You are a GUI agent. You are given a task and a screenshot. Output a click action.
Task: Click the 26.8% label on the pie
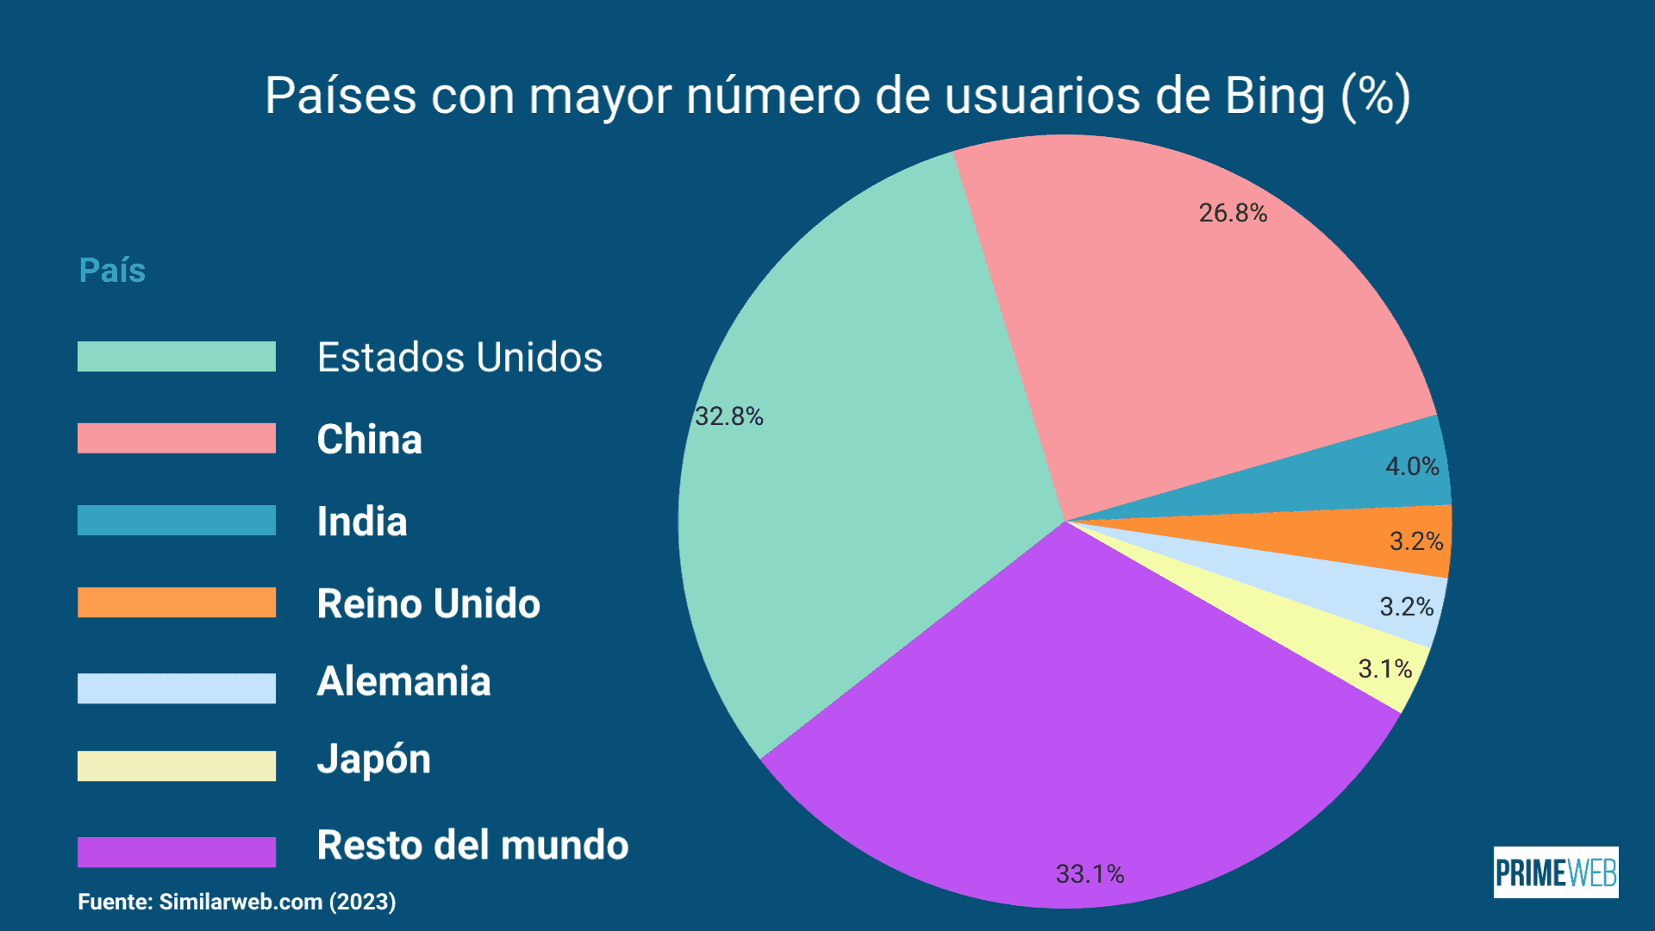click(1233, 213)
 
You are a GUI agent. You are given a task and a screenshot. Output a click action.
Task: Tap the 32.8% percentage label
click(729, 416)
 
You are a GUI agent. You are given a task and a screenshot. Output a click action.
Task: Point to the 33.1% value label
click(1090, 874)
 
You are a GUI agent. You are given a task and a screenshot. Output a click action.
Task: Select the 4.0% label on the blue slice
click(1412, 466)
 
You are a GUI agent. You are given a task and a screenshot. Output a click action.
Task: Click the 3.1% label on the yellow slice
click(1384, 669)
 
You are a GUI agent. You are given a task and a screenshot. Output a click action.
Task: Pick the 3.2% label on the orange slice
click(1415, 541)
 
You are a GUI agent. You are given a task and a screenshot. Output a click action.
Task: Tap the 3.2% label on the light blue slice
click(1406, 607)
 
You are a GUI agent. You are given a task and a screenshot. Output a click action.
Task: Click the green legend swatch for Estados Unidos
click(177, 357)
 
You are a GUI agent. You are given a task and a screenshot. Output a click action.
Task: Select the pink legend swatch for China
click(177, 438)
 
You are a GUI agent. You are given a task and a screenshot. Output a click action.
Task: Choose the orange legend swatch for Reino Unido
click(177, 603)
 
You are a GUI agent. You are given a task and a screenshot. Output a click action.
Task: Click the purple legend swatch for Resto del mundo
click(177, 852)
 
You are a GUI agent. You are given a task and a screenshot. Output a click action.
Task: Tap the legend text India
click(362, 522)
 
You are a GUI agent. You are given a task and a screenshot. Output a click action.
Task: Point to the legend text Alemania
click(403, 681)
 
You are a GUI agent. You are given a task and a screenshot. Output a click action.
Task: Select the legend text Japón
click(374, 759)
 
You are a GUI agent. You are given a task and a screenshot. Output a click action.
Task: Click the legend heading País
click(112, 271)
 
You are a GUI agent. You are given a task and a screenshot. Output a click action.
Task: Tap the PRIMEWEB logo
click(1555, 872)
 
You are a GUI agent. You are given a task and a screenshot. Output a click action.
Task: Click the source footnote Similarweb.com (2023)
click(277, 902)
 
